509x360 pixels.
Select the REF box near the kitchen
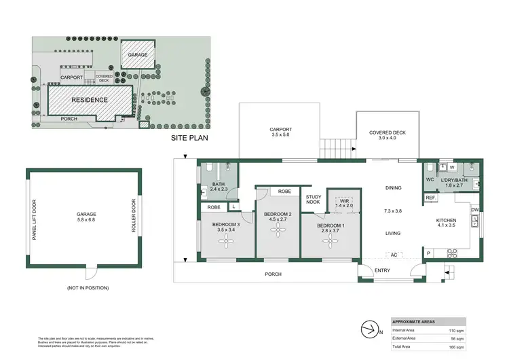430,198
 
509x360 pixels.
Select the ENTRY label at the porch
383,270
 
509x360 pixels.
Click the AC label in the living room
394,255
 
